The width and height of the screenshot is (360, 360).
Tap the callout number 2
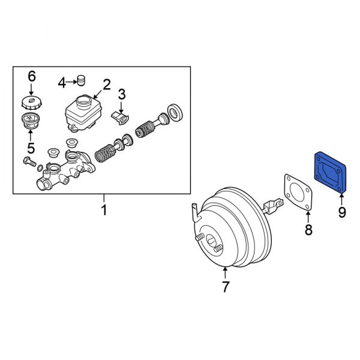106,85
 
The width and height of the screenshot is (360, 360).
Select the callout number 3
122,94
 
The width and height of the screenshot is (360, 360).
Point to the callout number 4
62,82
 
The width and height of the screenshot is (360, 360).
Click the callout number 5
31,148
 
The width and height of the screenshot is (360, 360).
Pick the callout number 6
32,76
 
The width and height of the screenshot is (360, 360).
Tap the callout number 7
226,287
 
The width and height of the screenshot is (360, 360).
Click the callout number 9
341,212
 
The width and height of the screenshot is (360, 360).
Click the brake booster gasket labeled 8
298,191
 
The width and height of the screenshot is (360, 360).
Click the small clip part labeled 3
122,117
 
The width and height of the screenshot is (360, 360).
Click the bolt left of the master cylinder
28,161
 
